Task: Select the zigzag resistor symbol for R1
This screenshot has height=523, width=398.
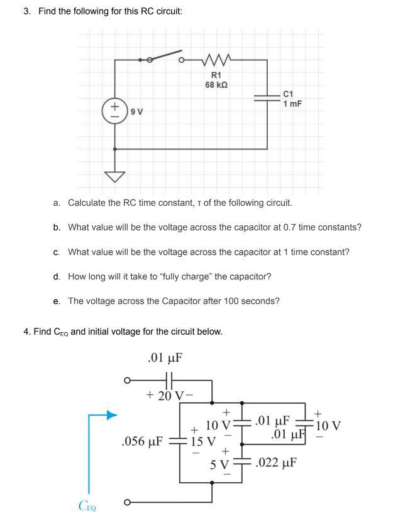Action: click(x=217, y=60)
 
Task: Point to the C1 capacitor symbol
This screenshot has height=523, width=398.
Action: click(x=268, y=97)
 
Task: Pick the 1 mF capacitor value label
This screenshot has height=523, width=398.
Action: click(x=292, y=104)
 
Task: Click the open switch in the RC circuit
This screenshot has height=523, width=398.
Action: click(x=165, y=58)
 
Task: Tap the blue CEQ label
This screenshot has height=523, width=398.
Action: click(x=88, y=505)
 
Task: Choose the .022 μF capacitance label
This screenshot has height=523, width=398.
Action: click(x=277, y=463)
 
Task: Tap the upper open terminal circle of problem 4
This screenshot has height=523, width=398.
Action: click(x=127, y=380)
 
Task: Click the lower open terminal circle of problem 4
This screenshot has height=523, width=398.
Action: click(x=127, y=502)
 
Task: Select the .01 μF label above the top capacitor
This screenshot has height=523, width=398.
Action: click(x=164, y=359)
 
